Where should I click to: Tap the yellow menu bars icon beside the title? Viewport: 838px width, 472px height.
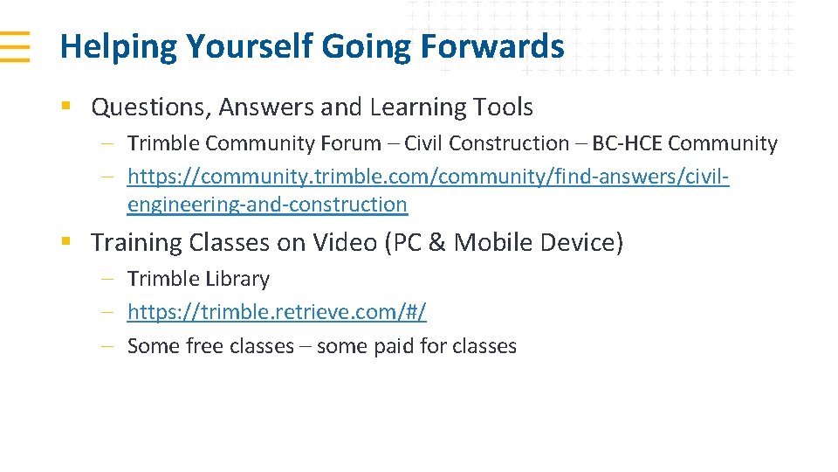click(15, 45)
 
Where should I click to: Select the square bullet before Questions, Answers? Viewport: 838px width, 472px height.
click(65, 108)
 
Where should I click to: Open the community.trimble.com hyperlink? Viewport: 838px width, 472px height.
click(428, 177)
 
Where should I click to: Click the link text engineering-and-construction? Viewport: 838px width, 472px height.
click(267, 205)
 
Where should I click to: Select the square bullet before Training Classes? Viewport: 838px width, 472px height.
click(65, 242)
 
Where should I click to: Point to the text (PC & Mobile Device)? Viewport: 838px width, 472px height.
click(504, 242)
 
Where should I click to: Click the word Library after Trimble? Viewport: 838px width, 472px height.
click(235, 279)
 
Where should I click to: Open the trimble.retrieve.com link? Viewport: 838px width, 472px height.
click(277, 312)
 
